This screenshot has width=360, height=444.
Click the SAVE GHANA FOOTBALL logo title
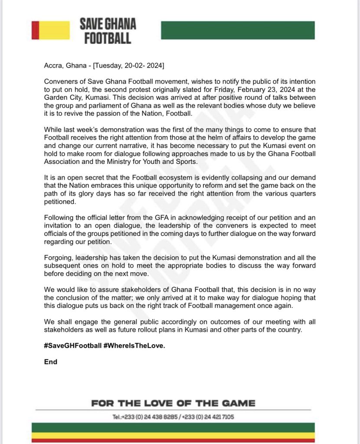point(108,31)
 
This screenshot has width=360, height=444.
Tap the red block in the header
point(36,30)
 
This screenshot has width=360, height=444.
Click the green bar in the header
point(238,30)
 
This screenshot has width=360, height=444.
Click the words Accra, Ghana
point(65,66)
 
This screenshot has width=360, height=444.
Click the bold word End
point(51,362)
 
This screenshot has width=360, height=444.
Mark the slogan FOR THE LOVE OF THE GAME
point(173,403)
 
